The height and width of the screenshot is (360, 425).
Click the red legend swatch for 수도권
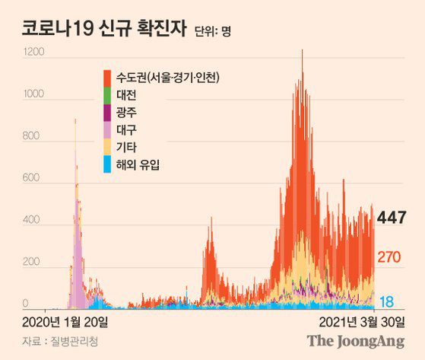coord(107,77)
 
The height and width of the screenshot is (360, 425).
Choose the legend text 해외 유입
coord(139,164)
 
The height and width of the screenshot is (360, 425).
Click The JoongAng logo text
coord(356,342)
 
